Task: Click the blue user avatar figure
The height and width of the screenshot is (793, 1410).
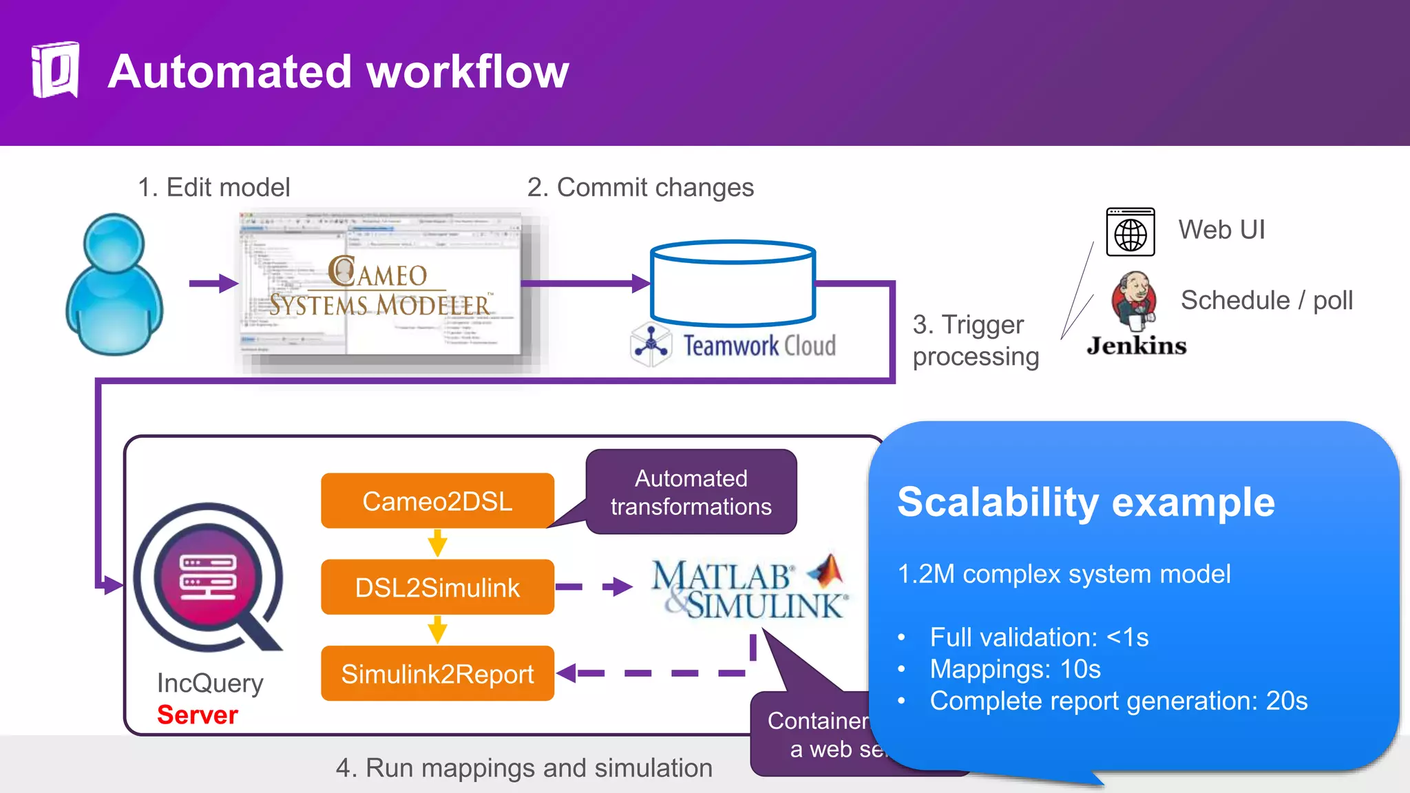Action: [115, 286]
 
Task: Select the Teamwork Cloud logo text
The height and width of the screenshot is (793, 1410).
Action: [759, 346]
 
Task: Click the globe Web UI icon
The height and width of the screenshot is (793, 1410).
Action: [1130, 233]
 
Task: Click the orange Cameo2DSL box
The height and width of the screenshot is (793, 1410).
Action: [437, 501]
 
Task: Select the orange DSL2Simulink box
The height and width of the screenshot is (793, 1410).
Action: [437, 587]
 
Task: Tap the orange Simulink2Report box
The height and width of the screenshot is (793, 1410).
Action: [437, 674]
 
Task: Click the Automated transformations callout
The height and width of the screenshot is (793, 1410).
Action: [691, 492]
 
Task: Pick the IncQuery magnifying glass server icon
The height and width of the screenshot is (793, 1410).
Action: [208, 578]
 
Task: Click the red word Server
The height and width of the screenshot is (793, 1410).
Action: [198, 715]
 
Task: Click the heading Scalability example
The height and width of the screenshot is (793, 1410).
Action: [1086, 502]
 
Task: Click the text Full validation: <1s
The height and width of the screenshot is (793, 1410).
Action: [1038, 637]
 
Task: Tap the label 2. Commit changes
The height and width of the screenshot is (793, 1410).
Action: [640, 187]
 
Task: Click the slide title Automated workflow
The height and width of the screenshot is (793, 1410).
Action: [338, 72]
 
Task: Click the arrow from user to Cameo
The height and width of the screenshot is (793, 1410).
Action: [213, 283]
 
